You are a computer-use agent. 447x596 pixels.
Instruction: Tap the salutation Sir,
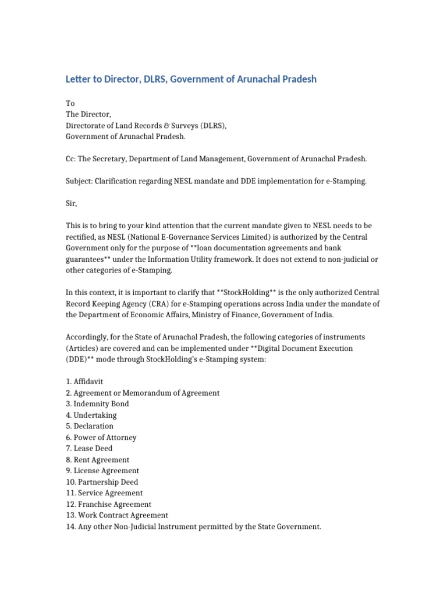pyautogui.click(x=71, y=203)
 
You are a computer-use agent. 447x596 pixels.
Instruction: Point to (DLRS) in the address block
pyautogui.click(x=211, y=125)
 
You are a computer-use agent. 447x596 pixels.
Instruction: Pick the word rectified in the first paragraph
pyautogui.click(x=82, y=237)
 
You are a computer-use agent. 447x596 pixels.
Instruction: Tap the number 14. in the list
pyautogui.click(x=71, y=527)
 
